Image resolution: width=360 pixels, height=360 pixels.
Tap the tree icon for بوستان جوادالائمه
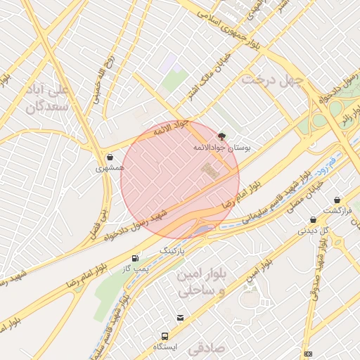(x=223, y=136)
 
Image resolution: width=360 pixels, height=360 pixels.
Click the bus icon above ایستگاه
(x=165, y=336)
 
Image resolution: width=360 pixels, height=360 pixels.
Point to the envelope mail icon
(x=181, y=318)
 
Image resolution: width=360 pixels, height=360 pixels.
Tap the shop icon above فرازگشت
(x=337, y=200)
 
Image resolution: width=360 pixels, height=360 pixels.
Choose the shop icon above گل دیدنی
(x=313, y=219)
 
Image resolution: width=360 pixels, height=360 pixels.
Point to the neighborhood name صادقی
(x=205, y=346)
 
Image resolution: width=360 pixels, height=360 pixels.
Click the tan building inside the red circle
(x=210, y=169)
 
